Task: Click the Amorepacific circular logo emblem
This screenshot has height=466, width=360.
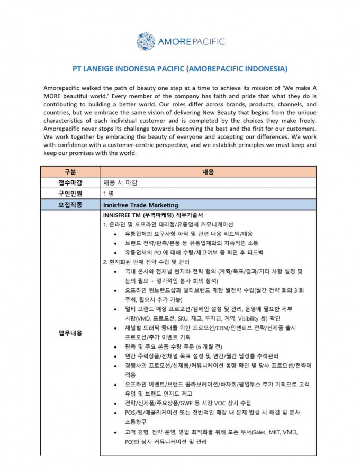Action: tap(146, 42)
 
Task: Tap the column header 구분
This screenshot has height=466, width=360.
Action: tap(70, 172)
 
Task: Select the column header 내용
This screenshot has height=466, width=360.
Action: tap(208, 172)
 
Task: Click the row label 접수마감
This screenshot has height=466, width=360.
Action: tap(70, 182)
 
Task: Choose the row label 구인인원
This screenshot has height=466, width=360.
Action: tap(70, 194)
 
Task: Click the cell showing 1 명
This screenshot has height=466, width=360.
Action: tap(109, 194)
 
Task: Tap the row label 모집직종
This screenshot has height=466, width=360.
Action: tap(70, 205)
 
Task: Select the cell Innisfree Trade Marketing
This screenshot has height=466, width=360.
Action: tap(141, 205)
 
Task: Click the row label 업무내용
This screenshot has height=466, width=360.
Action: tap(70, 333)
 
